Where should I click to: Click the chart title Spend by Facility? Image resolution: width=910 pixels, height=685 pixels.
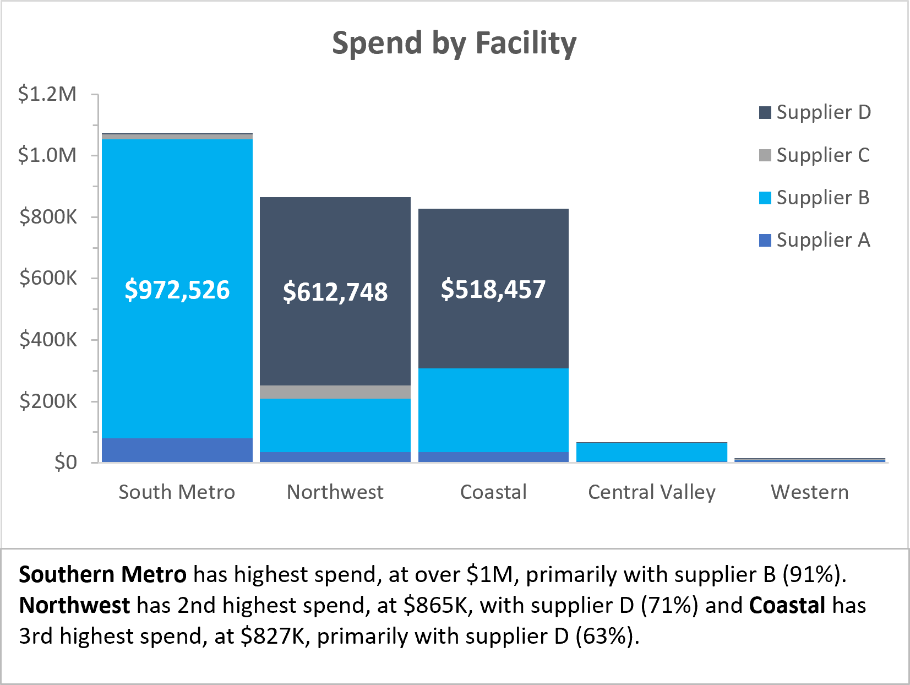(x=454, y=43)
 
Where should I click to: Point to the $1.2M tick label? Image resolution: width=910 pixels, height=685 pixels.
(x=47, y=94)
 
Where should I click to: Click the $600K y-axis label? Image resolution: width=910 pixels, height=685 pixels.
(x=48, y=278)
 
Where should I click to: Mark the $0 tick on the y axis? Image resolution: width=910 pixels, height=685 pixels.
(x=66, y=462)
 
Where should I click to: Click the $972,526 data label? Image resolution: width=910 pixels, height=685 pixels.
(x=177, y=290)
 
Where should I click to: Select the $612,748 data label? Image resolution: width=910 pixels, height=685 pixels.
(x=335, y=291)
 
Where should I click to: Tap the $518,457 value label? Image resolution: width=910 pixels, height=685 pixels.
(x=493, y=289)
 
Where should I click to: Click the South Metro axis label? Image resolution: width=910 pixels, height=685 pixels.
(x=177, y=492)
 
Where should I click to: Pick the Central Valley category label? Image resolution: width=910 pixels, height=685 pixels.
(x=652, y=492)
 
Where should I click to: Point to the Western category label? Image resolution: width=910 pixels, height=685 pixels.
(x=810, y=492)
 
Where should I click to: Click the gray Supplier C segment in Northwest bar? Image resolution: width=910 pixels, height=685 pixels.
(x=335, y=392)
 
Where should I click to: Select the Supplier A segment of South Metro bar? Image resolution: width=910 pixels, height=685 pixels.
(x=177, y=450)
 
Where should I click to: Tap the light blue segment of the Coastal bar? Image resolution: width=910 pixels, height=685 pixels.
(x=493, y=410)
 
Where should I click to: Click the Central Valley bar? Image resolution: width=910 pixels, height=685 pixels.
(x=652, y=452)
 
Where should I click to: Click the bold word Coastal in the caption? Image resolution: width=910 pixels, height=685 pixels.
(x=787, y=605)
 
